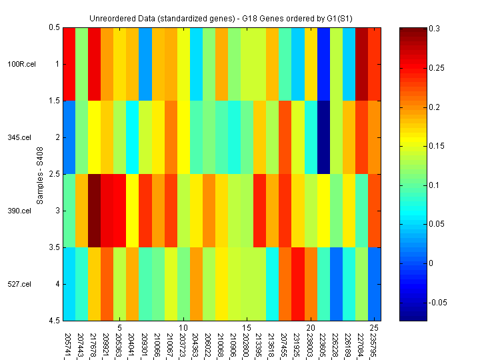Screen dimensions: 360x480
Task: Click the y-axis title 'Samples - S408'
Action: [40, 174]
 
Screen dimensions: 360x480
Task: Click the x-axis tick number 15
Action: [246, 328]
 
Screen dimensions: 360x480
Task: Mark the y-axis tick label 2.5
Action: [53, 174]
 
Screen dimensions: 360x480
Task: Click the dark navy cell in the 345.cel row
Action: [323, 137]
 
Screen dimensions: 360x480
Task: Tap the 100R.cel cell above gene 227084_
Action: [361, 64]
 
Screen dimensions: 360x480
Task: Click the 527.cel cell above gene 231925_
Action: [297, 284]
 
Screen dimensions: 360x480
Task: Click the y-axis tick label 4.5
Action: [53, 321]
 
